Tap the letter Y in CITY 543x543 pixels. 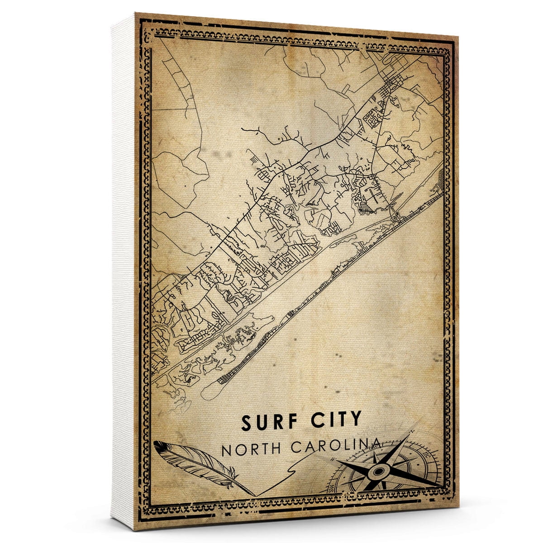coord(356,420)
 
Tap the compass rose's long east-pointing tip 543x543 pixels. coord(441,486)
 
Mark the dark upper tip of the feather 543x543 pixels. coord(157,445)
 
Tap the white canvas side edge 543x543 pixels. coord(122,271)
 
